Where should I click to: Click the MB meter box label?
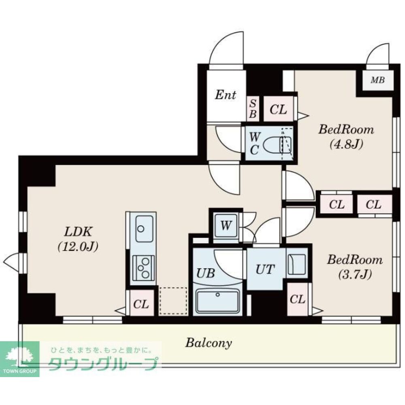(x=377, y=80)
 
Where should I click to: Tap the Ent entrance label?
(x=225, y=95)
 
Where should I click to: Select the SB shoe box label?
(x=252, y=109)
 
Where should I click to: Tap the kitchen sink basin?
(x=144, y=229)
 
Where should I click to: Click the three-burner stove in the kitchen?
(x=144, y=268)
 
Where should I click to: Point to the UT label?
(x=265, y=269)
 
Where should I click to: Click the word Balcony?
(x=209, y=344)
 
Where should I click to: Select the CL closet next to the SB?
(x=278, y=109)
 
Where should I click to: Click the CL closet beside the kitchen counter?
(x=141, y=304)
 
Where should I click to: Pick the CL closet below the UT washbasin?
(x=297, y=300)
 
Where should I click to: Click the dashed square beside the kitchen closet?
(x=173, y=301)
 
